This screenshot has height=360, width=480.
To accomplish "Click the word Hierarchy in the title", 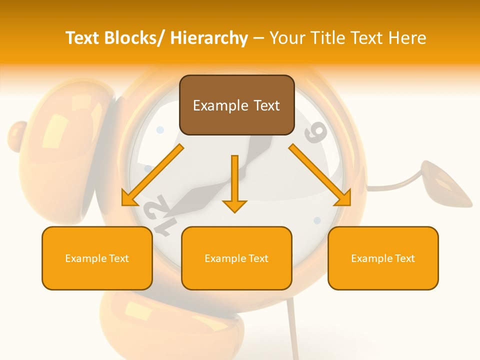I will click(x=209, y=38).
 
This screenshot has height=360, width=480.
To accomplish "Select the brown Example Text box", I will click(x=236, y=105).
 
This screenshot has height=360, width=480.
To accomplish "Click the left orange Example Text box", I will click(x=97, y=258).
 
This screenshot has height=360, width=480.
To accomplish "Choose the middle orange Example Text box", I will click(x=236, y=258).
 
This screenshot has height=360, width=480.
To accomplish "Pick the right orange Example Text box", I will click(x=383, y=258).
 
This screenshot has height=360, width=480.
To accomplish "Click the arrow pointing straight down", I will click(x=234, y=185).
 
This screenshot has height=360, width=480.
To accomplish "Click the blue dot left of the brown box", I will click(x=160, y=130).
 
